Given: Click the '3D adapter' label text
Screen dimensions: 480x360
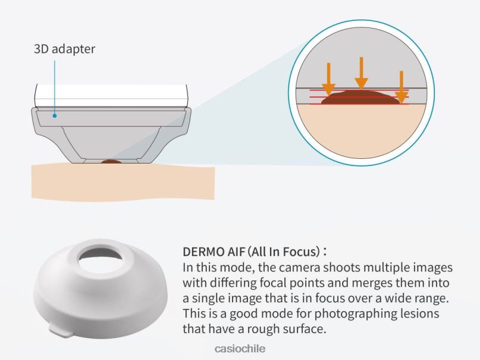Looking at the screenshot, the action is coord(64,49).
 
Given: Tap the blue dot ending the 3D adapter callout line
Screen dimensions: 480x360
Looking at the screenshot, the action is coord(55,115).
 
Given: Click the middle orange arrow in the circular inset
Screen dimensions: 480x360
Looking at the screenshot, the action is coord(361,73).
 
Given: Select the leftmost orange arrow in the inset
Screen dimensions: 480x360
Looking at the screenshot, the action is coord(328,79).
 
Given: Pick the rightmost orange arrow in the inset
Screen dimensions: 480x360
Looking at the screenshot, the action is coord(401,87).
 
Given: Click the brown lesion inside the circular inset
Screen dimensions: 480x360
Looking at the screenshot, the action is coord(361,98).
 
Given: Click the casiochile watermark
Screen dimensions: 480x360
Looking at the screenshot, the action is coord(240,349).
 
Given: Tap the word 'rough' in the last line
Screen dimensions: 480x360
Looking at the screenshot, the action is coord(263,330).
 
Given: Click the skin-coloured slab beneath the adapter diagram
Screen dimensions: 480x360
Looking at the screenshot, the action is coord(123,182).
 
